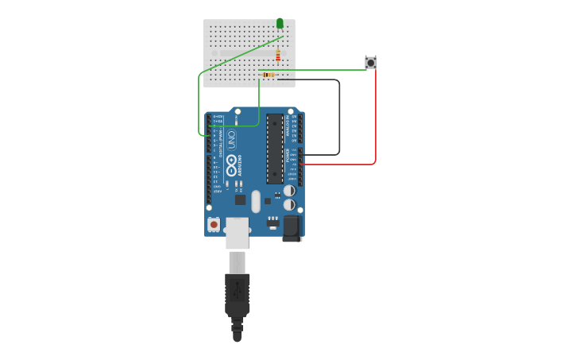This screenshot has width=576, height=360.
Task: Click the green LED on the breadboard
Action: pos(280,23)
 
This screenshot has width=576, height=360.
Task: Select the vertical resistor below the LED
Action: pos(278,55)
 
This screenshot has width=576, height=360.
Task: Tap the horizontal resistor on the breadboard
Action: pos(269,75)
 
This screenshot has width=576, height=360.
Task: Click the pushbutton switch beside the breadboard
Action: pos(370,62)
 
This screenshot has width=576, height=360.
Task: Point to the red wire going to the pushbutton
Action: pos(375,119)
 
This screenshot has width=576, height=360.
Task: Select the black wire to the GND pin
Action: pos(339,119)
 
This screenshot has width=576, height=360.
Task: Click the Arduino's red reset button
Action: pos(214,225)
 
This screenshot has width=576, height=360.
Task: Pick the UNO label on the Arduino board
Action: pos(231,140)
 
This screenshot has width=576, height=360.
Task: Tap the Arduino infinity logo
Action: pos(231,165)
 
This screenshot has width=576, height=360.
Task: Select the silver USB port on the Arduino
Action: pos(237,233)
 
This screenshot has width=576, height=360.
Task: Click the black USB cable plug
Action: pos(237,298)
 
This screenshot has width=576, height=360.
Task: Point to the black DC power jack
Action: pos(292,229)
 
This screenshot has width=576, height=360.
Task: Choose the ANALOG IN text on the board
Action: pos(288,127)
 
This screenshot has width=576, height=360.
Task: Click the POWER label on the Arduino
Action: pos(288,159)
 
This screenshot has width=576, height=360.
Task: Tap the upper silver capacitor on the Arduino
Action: pos(289,191)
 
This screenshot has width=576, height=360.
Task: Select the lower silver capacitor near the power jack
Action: pos(289,204)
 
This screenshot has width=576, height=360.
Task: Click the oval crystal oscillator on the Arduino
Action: pos(256,201)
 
